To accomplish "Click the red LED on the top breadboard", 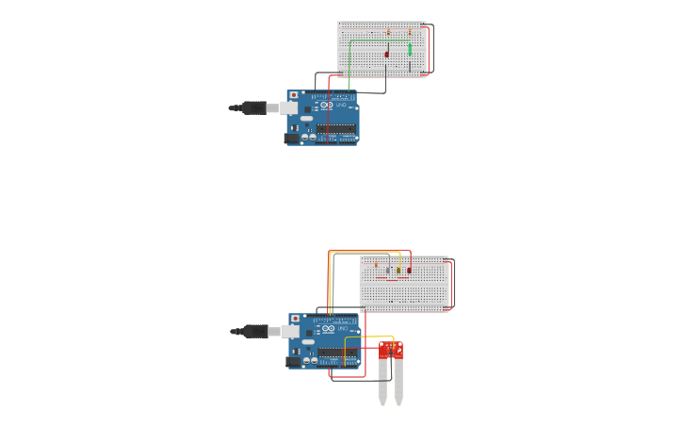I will (x=386, y=54).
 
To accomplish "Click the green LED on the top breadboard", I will (x=410, y=50).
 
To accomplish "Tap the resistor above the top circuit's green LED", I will (x=410, y=32).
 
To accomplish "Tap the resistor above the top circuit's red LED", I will (x=388, y=32).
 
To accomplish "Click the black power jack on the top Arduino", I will (x=292, y=138).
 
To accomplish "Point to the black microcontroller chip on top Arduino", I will (x=335, y=129).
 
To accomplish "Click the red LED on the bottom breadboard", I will (x=409, y=271).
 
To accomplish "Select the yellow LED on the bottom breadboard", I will (x=398, y=271).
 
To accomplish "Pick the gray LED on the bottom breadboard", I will (x=388, y=271).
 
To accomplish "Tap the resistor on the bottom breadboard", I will (x=376, y=264).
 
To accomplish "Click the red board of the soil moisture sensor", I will (x=392, y=352).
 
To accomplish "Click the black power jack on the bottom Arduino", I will (x=294, y=361).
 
